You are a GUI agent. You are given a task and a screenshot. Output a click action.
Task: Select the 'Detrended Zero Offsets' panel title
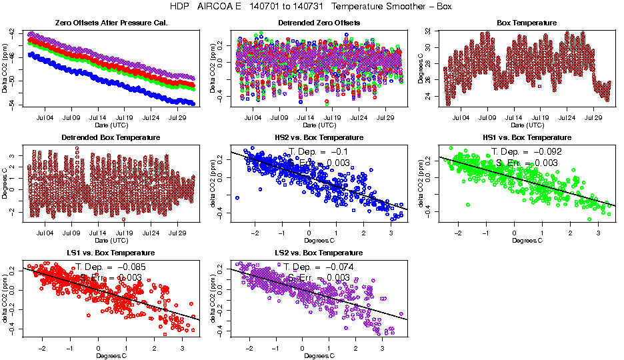(x=319, y=23)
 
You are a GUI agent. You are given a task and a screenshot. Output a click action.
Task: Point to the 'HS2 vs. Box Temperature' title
(x=319, y=137)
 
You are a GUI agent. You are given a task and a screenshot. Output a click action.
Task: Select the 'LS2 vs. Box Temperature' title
(x=319, y=253)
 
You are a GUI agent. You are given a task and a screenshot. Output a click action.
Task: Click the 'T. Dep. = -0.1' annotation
(x=319, y=151)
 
